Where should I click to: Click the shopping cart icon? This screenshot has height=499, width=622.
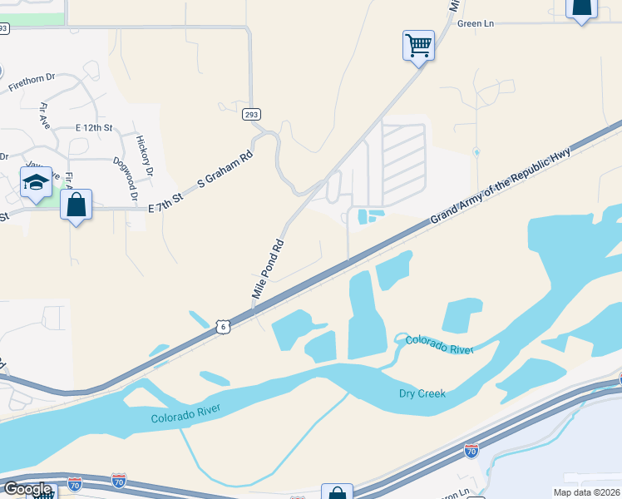418,45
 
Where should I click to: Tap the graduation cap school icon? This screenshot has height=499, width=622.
36,184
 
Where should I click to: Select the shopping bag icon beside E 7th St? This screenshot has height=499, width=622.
76,205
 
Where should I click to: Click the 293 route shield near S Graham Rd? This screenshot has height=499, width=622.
251,114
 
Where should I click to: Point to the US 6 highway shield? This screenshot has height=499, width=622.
223,327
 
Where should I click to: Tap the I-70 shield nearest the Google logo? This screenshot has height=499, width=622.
118,481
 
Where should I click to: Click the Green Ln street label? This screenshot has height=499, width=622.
476,23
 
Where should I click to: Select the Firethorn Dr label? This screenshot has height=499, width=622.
32,82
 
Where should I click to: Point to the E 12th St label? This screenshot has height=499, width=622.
93,128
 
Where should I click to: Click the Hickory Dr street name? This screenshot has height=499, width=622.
145,156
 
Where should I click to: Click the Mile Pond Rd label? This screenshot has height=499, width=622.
269,269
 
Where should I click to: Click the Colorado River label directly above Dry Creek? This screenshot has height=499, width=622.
439,343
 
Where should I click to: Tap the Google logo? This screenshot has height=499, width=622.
28,489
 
